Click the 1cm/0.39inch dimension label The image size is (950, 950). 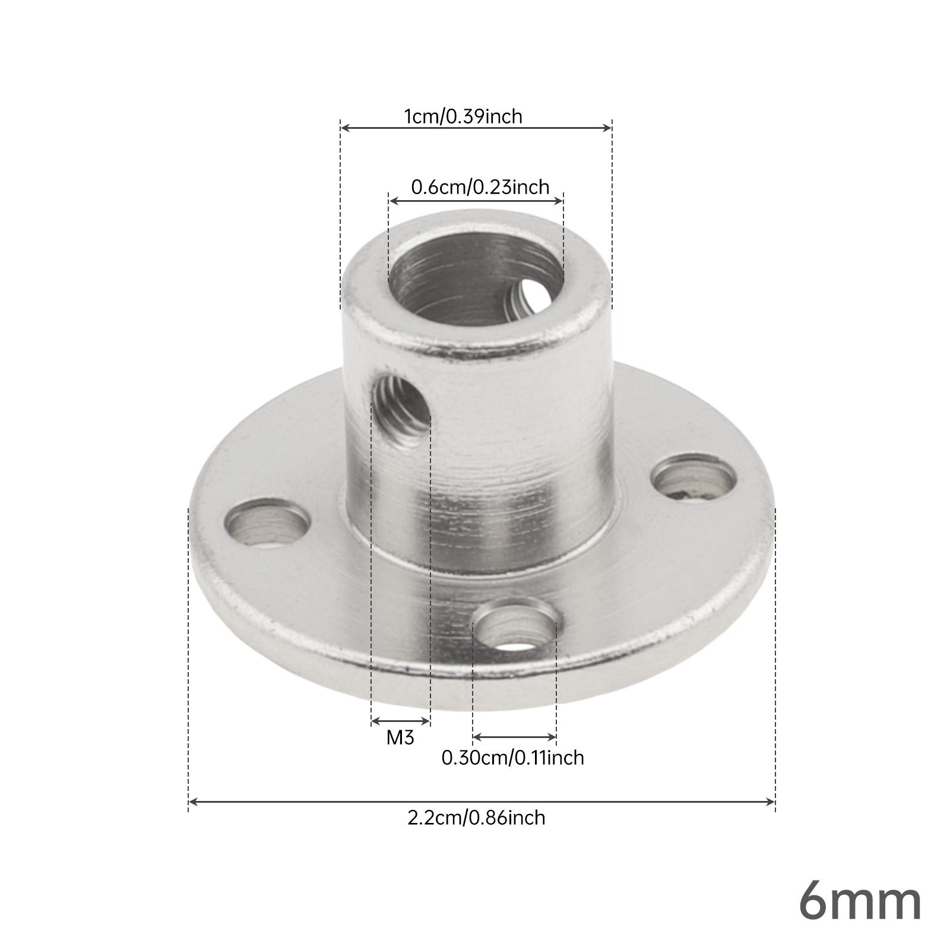[x=463, y=116]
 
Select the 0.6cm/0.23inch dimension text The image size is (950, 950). [x=480, y=188]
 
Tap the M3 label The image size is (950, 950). [x=400, y=737]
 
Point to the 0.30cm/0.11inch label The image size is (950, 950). [x=513, y=758]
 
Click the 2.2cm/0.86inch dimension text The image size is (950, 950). [x=476, y=818]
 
